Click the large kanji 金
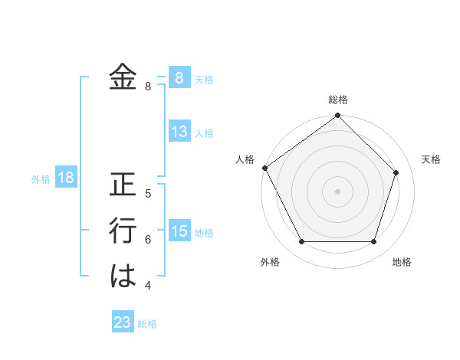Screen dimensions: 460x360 (x=123, y=77)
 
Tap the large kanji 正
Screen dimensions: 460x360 (x=123, y=185)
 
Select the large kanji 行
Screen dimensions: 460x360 (x=123, y=231)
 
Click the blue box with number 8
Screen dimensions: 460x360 (x=179, y=77)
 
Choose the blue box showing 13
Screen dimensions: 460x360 (x=179, y=132)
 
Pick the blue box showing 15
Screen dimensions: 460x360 (x=179, y=231)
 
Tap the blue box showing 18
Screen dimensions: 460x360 (x=66, y=178)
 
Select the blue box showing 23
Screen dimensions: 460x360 (x=123, y=322)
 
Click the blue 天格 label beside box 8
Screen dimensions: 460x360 (x=204, y=79)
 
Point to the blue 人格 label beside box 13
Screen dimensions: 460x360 (x=204, y=133)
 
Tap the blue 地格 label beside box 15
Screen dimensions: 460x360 (x=204, y=233)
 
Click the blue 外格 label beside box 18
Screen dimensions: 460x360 (x=41, y=180)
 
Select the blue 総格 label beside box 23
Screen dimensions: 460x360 (x=147, y=324)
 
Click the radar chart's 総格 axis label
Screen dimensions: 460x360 (x=338, y=100)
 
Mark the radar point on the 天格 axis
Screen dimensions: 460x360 (x=396, y=172)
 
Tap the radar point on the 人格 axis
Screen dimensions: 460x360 (x=264, y=168)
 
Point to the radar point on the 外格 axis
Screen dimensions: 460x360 (x=301, y=242)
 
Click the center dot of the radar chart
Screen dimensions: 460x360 (x=338, y=191)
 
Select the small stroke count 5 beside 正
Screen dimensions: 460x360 (x=148, y=193)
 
